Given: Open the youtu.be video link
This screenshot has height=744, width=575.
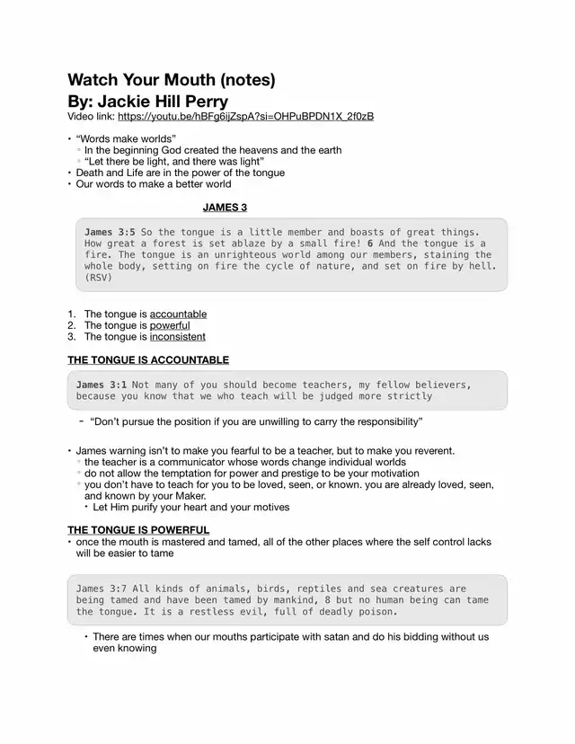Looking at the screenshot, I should (x=245, y=117).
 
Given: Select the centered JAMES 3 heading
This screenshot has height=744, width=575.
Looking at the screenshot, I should (x=225, y=208).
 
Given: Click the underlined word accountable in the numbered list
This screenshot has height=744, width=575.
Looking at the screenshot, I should (x=178, y=314).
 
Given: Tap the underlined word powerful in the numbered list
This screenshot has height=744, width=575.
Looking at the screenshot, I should (x=170, y=325).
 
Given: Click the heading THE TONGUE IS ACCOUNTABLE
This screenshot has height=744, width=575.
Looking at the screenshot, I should (x=148, y=360).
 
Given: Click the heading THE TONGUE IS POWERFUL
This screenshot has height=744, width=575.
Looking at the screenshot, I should (x=138, y=530).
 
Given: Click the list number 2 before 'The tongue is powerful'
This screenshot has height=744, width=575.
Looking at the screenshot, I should (x=71, y=325).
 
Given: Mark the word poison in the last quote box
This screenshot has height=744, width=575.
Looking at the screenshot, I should (x=376, y=612).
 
